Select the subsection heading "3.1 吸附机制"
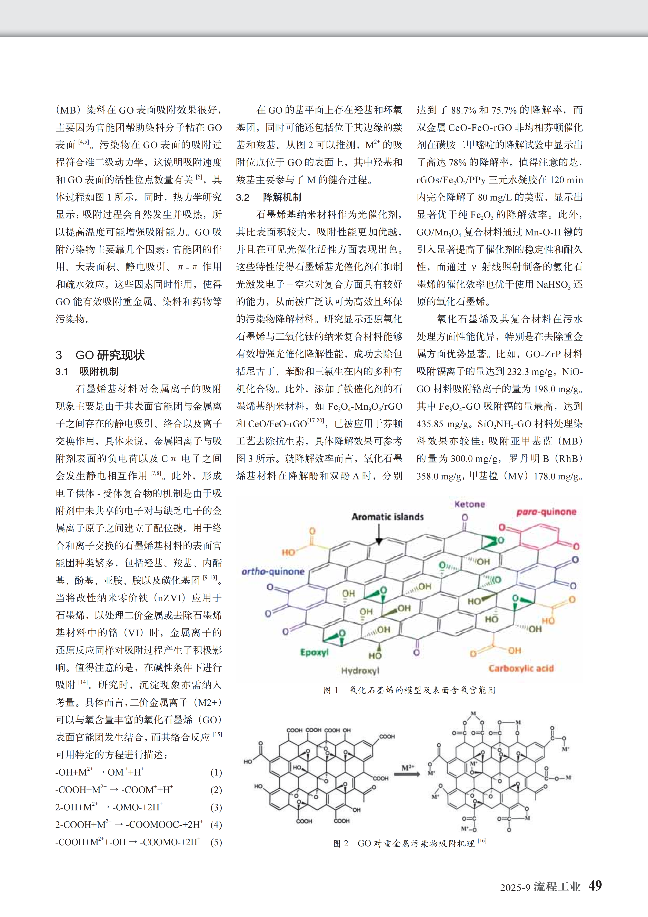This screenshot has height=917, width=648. click(87, 371)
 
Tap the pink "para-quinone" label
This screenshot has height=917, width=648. click(546, 512)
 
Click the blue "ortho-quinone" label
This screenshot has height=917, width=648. click(273, 572)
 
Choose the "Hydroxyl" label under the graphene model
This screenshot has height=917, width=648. click(360, 671)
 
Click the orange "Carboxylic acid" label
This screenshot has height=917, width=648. click(521, 668)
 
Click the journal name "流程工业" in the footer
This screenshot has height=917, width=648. click(557, 887)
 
